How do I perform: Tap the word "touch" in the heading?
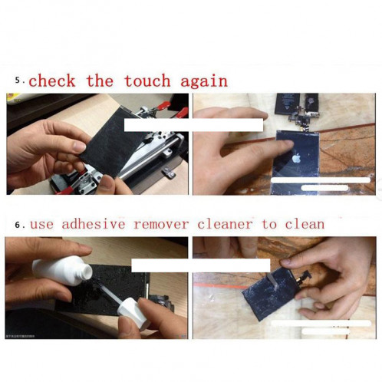tap(147, 81)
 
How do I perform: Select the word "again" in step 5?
tap(204, 81)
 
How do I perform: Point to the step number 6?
tap(18, 225)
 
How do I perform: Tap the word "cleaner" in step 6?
tap(226, 225)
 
